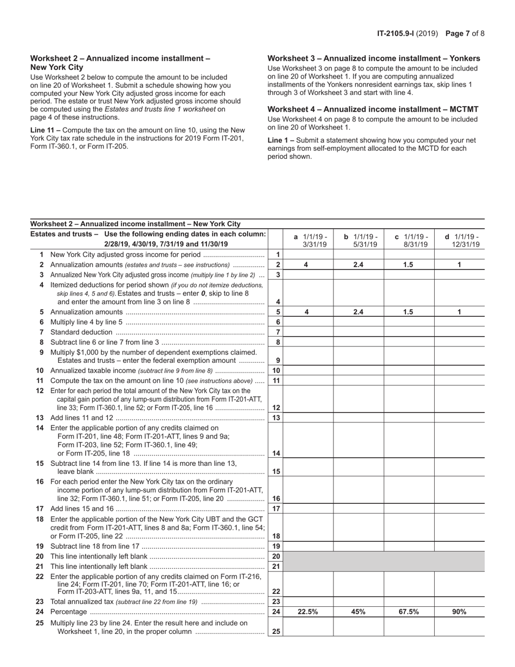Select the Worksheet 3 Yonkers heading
[374, 59]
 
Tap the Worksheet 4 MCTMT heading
[373, 109]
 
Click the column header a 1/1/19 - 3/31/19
[307, 240]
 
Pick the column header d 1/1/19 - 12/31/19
[459, 240]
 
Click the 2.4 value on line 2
[358, 265]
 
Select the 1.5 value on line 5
[409, 312]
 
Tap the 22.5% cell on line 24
[307, 611]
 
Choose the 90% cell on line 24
[459, 611]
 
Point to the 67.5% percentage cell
[409, 611]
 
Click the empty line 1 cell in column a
[307, 254]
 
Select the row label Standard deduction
[81, 332]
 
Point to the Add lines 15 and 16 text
[82, 509]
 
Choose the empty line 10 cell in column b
[358, 370]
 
